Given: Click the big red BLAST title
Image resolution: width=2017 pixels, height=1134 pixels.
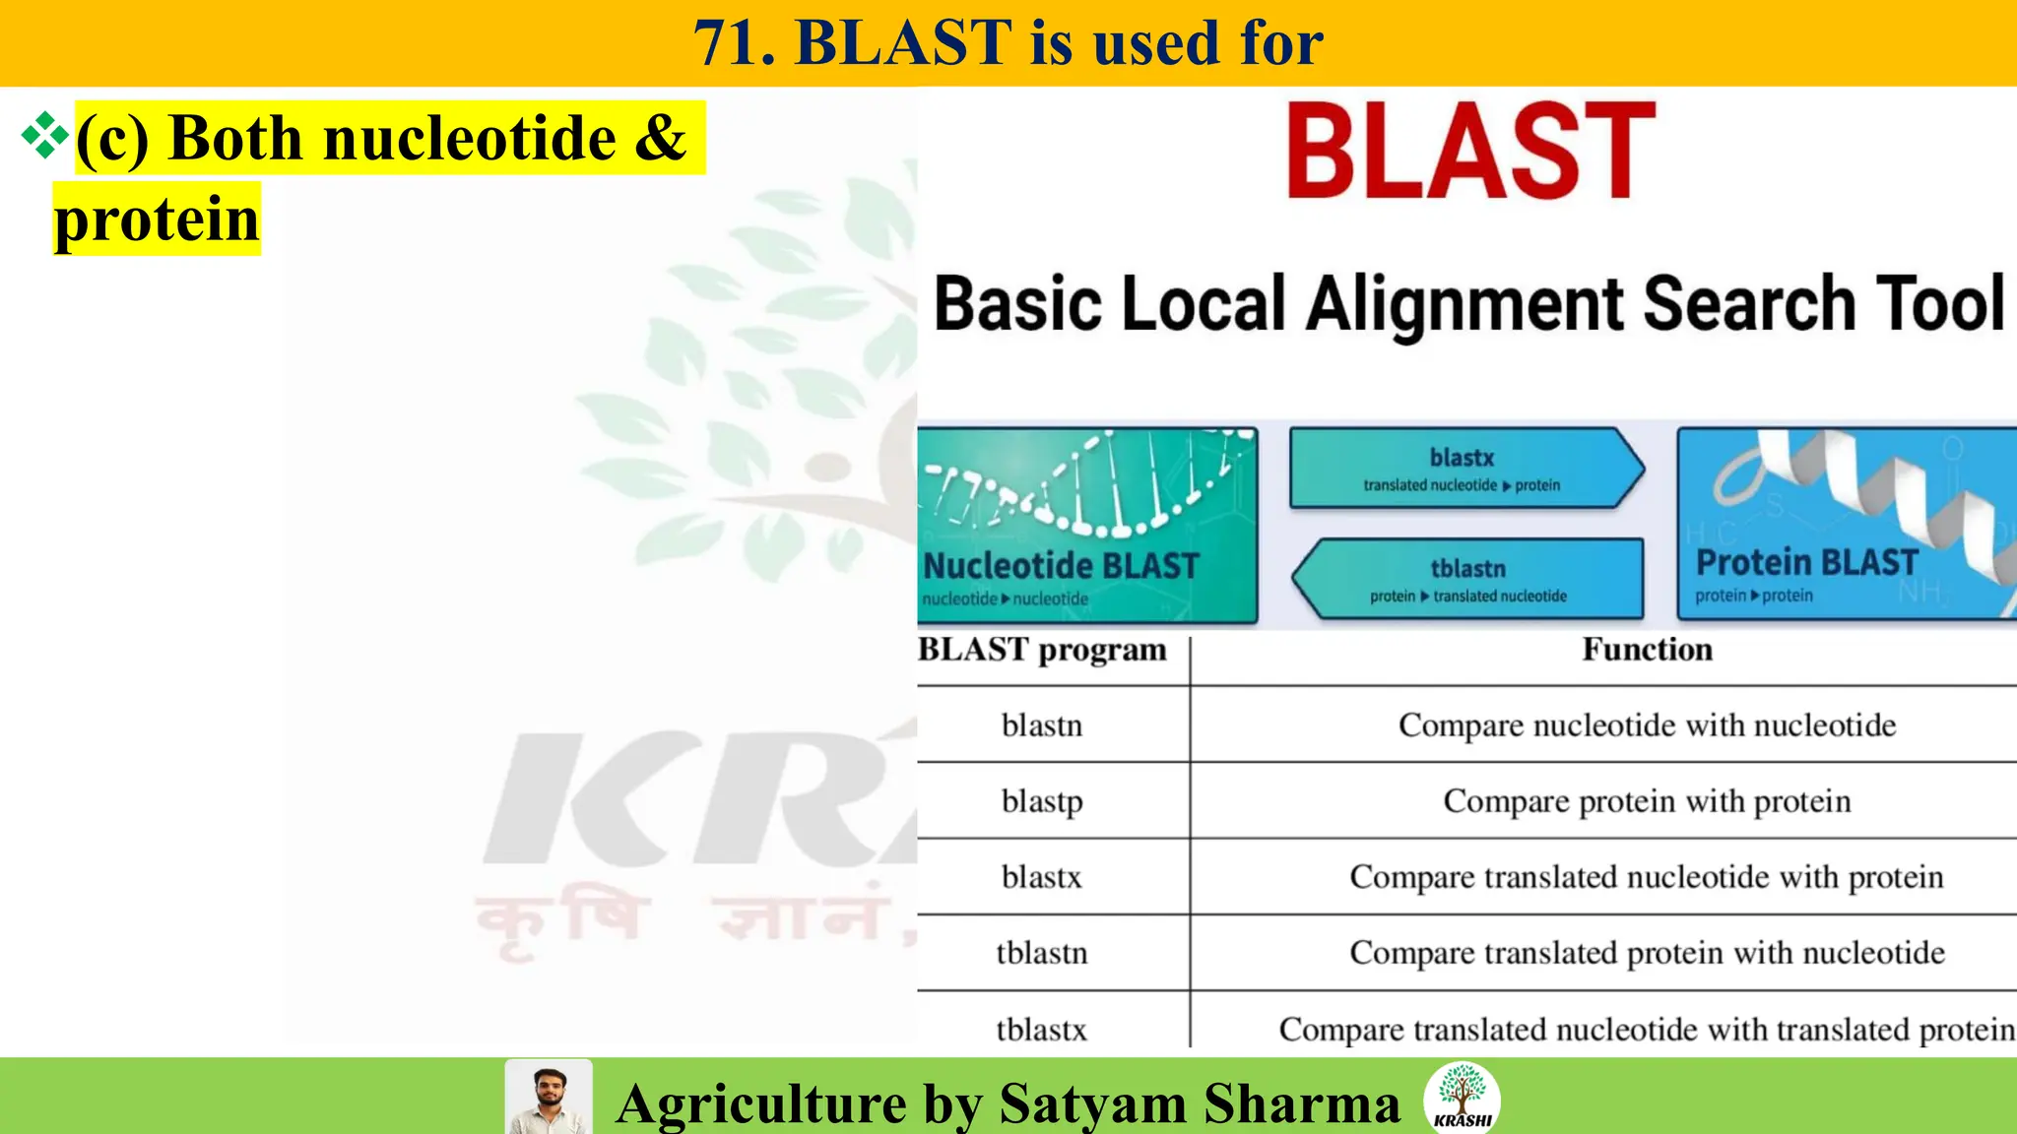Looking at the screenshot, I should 1470,152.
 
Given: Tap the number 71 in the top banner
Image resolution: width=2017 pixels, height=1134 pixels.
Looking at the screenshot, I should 735,43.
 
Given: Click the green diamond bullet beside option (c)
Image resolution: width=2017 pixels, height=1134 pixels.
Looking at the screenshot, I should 44,136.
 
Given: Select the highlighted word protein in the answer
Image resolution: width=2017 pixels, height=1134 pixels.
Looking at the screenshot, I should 157,219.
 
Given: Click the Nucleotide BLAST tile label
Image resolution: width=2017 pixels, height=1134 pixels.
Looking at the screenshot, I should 1061,566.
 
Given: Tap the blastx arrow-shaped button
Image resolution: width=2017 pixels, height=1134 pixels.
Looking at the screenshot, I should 1464,469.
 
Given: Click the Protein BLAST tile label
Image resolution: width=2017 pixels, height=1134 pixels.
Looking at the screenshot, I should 1806,563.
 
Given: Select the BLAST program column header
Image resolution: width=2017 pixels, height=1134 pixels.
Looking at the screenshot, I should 1042,650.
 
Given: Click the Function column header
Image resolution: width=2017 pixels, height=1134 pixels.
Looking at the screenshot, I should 1647,650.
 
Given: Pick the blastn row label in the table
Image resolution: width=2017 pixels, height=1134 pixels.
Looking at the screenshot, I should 1041,725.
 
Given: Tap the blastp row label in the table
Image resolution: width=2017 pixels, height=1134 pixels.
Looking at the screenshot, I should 1042,801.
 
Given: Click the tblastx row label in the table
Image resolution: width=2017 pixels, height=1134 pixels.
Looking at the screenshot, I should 1041,1030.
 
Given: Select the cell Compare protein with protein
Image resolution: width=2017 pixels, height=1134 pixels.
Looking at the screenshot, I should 1647,801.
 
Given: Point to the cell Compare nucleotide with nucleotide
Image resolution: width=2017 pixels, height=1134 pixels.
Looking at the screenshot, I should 1647,725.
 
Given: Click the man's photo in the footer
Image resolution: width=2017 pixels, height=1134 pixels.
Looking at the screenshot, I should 548,1098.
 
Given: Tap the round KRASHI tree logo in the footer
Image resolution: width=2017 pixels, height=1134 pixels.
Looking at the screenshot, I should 1462,1098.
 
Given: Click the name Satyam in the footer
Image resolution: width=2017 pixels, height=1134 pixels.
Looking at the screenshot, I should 1091,1103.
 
